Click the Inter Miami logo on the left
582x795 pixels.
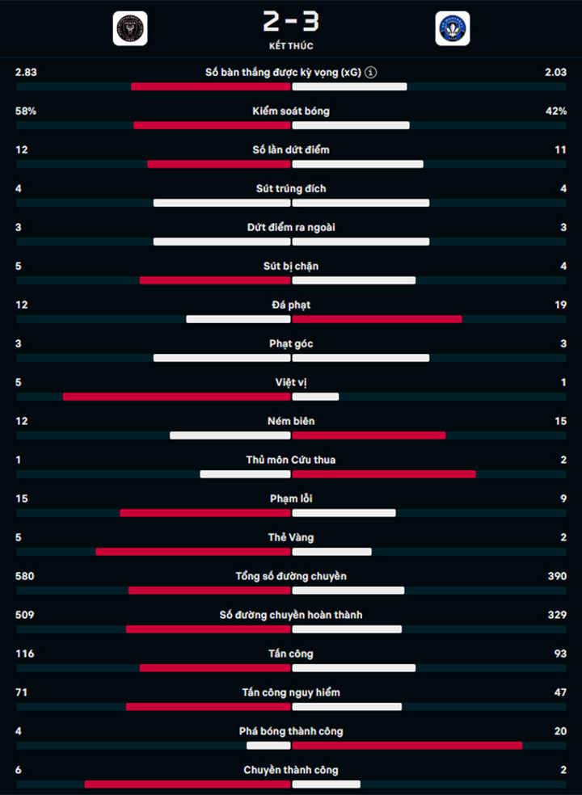pyautogui.click(x=130, y=28)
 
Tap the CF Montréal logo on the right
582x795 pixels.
pyautogui.click(x=452, y=28)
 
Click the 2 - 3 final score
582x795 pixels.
pyautogui.click(x=291, y=22)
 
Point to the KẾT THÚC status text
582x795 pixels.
pyautogui.click(x=291, y=45)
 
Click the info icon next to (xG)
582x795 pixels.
pyautogui.click(x=371, y=73)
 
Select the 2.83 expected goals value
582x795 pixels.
pyautogui.click(x=26, y=72)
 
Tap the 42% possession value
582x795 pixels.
pyautogui.click(x=556, y=111)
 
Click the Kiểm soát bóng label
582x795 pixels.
pyautogui.click(x=291, y=111)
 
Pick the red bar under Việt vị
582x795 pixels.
pyautogui.click(x=176, y=397)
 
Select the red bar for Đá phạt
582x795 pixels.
pyautogui.click(x=377, y=319)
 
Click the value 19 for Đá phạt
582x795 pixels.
pyautogui.click(x=561, y=305)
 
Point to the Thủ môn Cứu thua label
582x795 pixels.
pyautogui.click(x=291, y=460)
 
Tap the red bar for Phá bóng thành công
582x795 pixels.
pyautogui.click(x=407, y=745)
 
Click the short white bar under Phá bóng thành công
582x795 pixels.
pyautogui.click(x=268, y=745)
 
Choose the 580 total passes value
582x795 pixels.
pyautogui.click(x=25, y=576)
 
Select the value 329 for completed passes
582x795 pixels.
pyautogui.click(x=557, y=615)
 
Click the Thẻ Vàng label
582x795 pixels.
pyautogui.click(x=291, y=537)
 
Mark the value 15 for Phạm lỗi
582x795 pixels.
pyautogui.click(x=22, y=498)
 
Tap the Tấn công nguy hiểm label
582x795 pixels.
pyautogui.click(x=291, y=692)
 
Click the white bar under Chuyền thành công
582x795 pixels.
pyautogui.click(x=327, y=784)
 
